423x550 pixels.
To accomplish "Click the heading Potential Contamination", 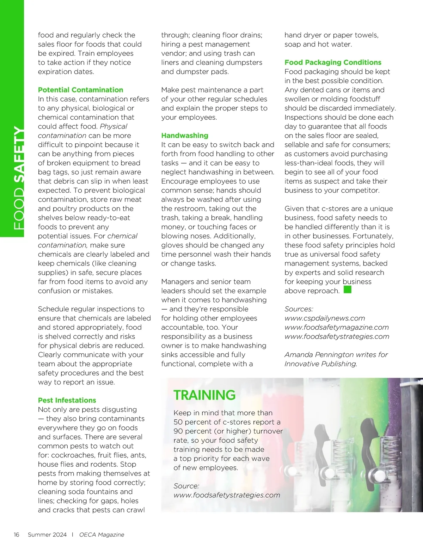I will pyautogui.click(x=80, y=90).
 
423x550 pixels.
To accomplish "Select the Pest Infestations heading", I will pyautogui.click(x=67, y=400).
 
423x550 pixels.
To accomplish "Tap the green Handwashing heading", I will pyautogui.click(x=185, y=136).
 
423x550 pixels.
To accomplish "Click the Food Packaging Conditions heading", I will pyautogui.click(x=333, y=62).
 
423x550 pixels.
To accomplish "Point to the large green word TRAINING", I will pyautogui.click(x=204, y=395).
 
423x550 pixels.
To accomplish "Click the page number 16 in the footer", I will pyautogui.click(x=17, y=534).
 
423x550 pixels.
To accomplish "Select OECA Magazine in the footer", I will pyautogui.click(x=102, y=534).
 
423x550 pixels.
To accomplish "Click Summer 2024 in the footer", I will pyautogui.click(x=47, y=534).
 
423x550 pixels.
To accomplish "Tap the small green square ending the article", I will pyautogui.click(x=348, y=290).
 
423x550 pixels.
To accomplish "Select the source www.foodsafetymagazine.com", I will pyautogui.click(x=337, y=327).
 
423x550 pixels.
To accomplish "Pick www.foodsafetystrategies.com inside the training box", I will pyautogui.click(x=227, y=495).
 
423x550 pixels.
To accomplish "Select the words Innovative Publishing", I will pyautogui.click(x=320, y=364).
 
